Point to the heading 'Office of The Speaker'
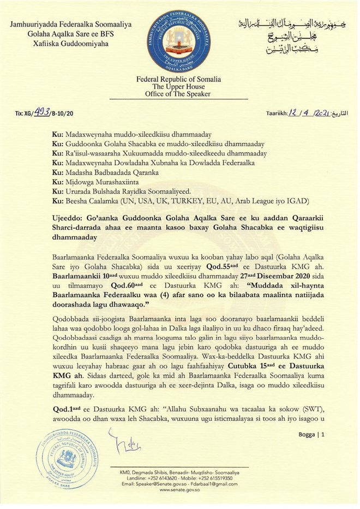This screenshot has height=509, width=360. point(179,94)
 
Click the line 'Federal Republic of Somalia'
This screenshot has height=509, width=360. point(179,79)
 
